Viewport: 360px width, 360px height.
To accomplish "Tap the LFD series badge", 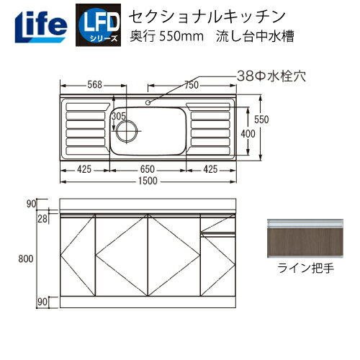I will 97,22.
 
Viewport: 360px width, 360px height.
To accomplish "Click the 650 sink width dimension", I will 148,170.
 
